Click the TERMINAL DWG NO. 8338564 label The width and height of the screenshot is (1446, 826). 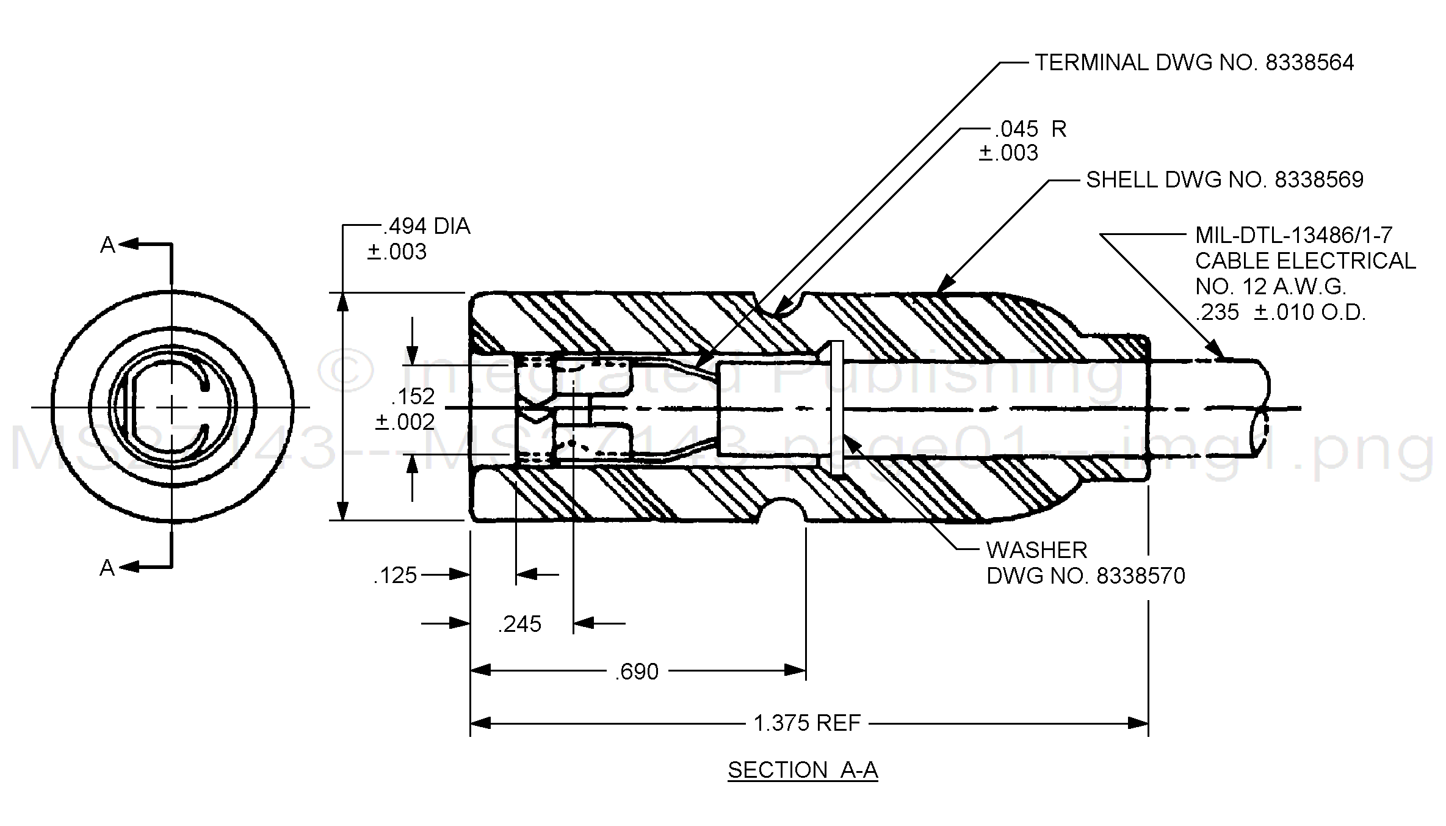[1194, 63]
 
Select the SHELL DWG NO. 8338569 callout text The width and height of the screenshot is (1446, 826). [1224, 180]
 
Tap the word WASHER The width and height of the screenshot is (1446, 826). [1036, 551]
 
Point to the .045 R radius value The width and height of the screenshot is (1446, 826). [1030, 129]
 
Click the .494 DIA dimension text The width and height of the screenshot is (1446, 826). [427, 226]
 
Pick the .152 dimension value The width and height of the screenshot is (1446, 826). [413, 397]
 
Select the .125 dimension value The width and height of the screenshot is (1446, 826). [395, 576]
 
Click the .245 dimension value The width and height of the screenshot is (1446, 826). [519, 625]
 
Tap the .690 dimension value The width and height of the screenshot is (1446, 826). [637, 672]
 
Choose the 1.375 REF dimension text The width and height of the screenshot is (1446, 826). [807, 723]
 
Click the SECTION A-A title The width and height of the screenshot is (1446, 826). [803, 770]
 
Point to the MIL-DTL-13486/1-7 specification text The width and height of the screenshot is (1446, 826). [1293, 235]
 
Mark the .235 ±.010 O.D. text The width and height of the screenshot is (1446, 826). [1280, 313]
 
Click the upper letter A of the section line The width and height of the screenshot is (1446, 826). [107, 245]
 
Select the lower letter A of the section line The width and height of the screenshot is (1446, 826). [107, 568]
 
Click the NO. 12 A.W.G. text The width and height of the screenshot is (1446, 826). [1270, 286]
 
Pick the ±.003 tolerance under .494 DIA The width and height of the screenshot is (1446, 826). [397, 252]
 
